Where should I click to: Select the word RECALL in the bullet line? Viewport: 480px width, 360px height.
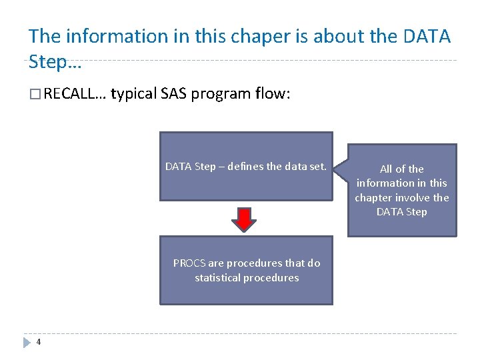click(73, 94)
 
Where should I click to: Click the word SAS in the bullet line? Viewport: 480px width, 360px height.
click(175, 94)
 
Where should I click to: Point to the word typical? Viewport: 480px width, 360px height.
click(133, 94)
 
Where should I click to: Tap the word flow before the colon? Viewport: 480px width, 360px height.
click(271, 94)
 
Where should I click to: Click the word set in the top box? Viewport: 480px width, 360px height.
click(317, 167)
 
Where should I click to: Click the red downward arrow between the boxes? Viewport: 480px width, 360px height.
click(245, 219)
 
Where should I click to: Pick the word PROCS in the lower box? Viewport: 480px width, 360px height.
click(189, 263)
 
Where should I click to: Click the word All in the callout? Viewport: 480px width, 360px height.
click(387, 169)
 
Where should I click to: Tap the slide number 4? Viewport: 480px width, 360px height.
click(39, 343)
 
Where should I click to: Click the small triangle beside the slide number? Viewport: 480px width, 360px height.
click(27, 343)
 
